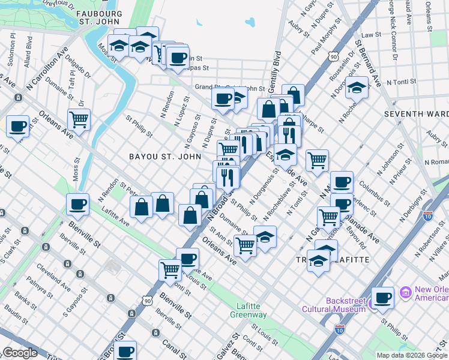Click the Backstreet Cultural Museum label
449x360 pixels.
point(345,305)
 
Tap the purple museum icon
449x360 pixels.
point(406,293)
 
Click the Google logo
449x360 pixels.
point(19,353)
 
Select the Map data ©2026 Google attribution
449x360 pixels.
point(412,355)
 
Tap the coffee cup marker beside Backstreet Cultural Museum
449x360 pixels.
point(382,297)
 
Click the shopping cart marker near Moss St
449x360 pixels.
point(79,119)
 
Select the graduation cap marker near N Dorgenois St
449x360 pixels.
point(357,88)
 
